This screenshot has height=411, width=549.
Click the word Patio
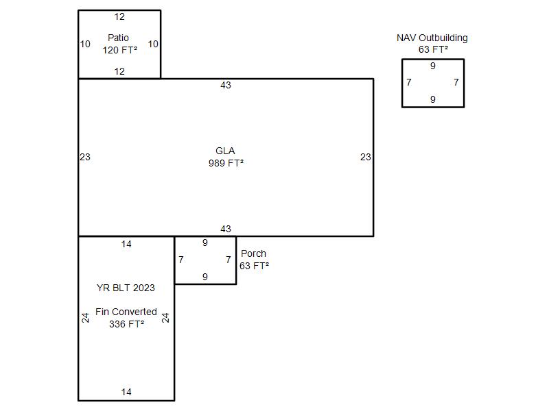point(118,38)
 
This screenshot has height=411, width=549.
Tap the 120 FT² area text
point(119,50)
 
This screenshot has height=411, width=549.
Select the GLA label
point(225,151)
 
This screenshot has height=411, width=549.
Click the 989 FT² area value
point(226,163)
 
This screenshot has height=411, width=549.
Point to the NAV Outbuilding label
point(432,38)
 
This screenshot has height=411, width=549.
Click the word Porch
point(253,253)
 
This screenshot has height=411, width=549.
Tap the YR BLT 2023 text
point(126,288)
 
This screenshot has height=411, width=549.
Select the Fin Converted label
point(126,312)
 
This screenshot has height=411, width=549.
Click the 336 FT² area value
point(126,324)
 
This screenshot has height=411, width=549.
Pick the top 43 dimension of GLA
point(226,85)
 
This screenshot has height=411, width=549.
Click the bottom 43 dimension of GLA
point(226,229)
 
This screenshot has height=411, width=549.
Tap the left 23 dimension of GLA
point(85,157)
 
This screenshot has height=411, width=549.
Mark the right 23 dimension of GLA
point(366,157)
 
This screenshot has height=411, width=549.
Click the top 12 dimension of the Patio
point(119,16)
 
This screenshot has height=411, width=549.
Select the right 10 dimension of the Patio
point(153,44)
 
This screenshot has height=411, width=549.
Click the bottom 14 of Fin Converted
point(126,392)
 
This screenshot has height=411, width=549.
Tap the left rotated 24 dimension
point(85,318)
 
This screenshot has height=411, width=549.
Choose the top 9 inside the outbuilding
point(433,66)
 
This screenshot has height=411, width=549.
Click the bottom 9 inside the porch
point(205,277)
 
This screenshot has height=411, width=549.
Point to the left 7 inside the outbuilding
point(409,82)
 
